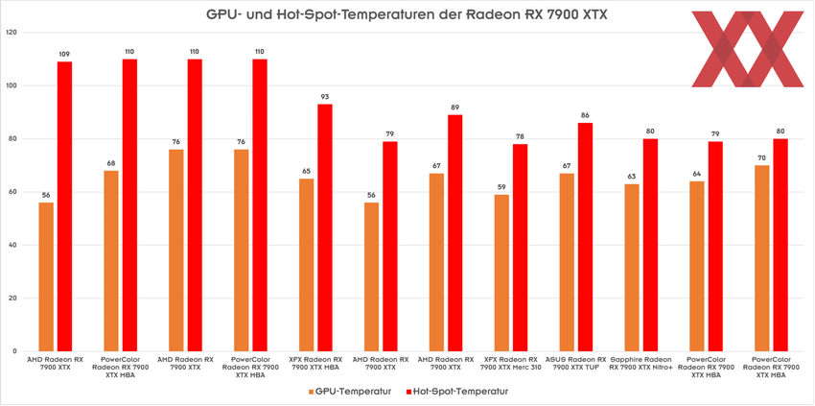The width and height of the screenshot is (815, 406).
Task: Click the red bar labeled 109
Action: pyautogui.click(x=64, y=205)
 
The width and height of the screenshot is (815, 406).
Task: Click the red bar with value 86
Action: pyautogui.click(x=585, y=236)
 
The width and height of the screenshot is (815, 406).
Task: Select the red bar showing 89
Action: pyautogui.click(x=455, y=232)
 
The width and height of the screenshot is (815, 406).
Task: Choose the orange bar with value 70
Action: pyautogui.click(x=762, y=257)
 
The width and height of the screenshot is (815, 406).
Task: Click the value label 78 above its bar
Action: pyautogui.click(x=520, y=135)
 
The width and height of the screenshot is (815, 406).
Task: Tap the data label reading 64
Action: pyautogui.click(x=697, y=173)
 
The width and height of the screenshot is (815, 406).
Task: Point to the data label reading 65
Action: pyautogui.click(x=306, y=170)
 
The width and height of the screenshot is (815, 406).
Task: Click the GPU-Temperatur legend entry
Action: pyautogui.click(x=350, y=392)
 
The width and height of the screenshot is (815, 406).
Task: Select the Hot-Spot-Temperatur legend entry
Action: pyautogui.click(x=455, y=392)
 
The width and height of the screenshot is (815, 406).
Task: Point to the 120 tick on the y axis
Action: pyautogui.click(x=12, y=33)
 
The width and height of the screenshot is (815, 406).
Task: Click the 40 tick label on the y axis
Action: pyautogui.click(x=12, y=245)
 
